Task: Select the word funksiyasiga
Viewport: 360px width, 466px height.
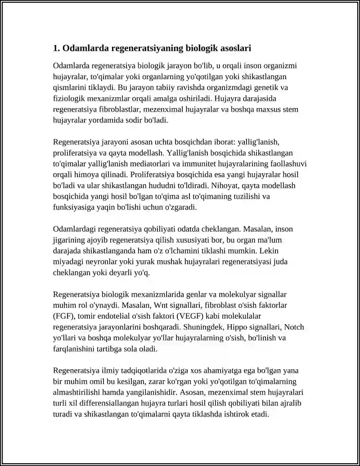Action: [x=73, y=208]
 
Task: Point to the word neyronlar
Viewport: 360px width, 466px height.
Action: [x=98, y=262]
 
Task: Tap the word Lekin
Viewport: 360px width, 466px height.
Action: [x=283, y=251]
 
